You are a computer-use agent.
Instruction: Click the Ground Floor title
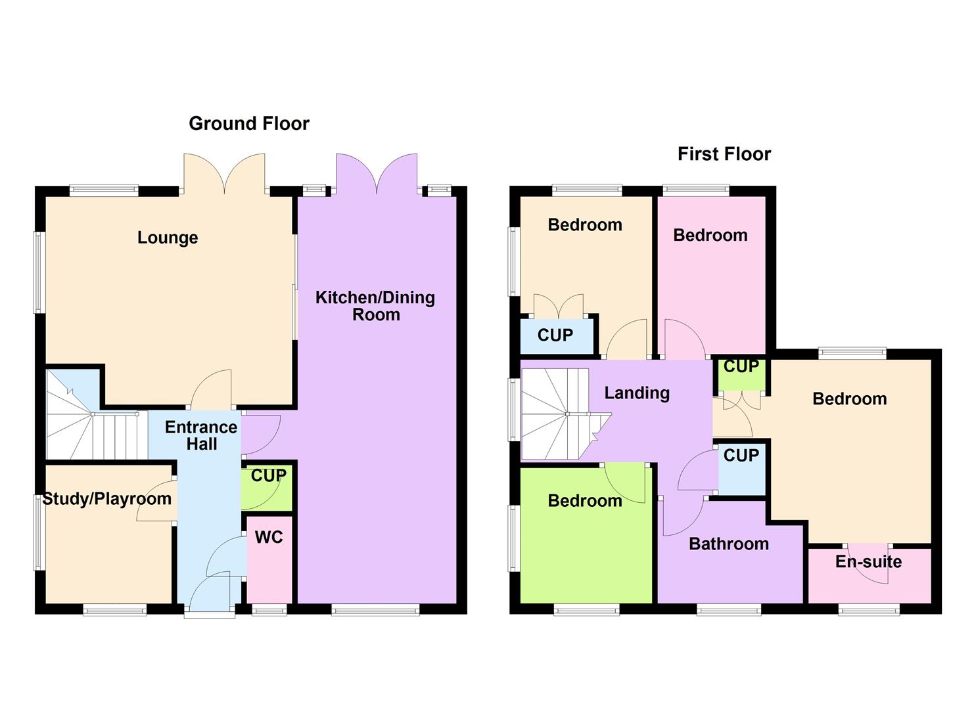coord(249,123)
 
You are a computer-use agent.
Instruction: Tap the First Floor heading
coord(724,154)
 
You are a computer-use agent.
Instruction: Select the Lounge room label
coord(168,238)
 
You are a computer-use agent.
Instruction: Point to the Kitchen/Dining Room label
coord(375,306)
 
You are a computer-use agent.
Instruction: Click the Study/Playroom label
coord(107,499)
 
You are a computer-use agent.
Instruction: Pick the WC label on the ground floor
coord(269,538)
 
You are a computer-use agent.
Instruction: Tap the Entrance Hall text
coord(201,436)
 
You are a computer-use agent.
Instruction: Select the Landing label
coord(637,393)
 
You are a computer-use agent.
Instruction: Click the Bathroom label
coord(729,544)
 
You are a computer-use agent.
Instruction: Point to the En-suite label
coord(868,562)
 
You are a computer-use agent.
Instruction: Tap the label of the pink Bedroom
coord(710,236)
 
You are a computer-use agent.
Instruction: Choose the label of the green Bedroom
coord(585,502)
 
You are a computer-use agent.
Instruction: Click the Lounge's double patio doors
coord(225,174)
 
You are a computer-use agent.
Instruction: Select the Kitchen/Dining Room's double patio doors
coord(377,174)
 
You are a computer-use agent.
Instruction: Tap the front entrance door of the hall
coord(210,594)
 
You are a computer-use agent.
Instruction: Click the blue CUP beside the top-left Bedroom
coord(556,335)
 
